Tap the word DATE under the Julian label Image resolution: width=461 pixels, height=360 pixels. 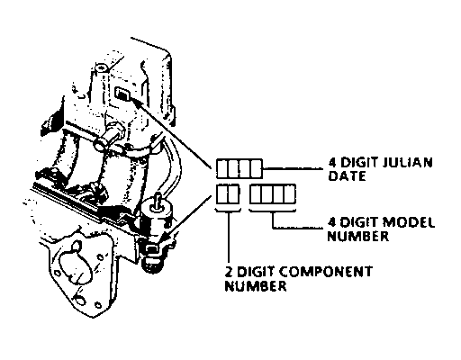coord(347,175)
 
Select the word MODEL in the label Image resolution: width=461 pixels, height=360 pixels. coord(409,222)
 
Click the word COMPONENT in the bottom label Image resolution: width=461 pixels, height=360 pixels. coord(327,272)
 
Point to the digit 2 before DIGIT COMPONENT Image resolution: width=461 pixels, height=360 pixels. coord(230,272)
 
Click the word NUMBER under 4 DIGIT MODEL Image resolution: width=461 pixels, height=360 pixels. coord(358,236)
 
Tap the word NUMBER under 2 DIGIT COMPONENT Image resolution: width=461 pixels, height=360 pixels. coord(256,285)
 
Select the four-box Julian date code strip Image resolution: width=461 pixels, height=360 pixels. coord(240,168)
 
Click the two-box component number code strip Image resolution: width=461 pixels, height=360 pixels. coord(228,194)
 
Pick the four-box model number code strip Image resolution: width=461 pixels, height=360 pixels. coord(273,194)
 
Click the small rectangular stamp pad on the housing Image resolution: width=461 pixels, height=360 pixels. coord(122,94)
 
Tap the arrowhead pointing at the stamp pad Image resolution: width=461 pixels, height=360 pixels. coord(137,103)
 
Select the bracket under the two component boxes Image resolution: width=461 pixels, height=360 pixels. coord(228,210)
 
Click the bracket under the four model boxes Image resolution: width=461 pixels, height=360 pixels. coord(273,210)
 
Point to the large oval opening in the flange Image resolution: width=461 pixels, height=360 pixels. coord(75,267)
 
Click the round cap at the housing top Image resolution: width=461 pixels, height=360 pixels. coord(101,67)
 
